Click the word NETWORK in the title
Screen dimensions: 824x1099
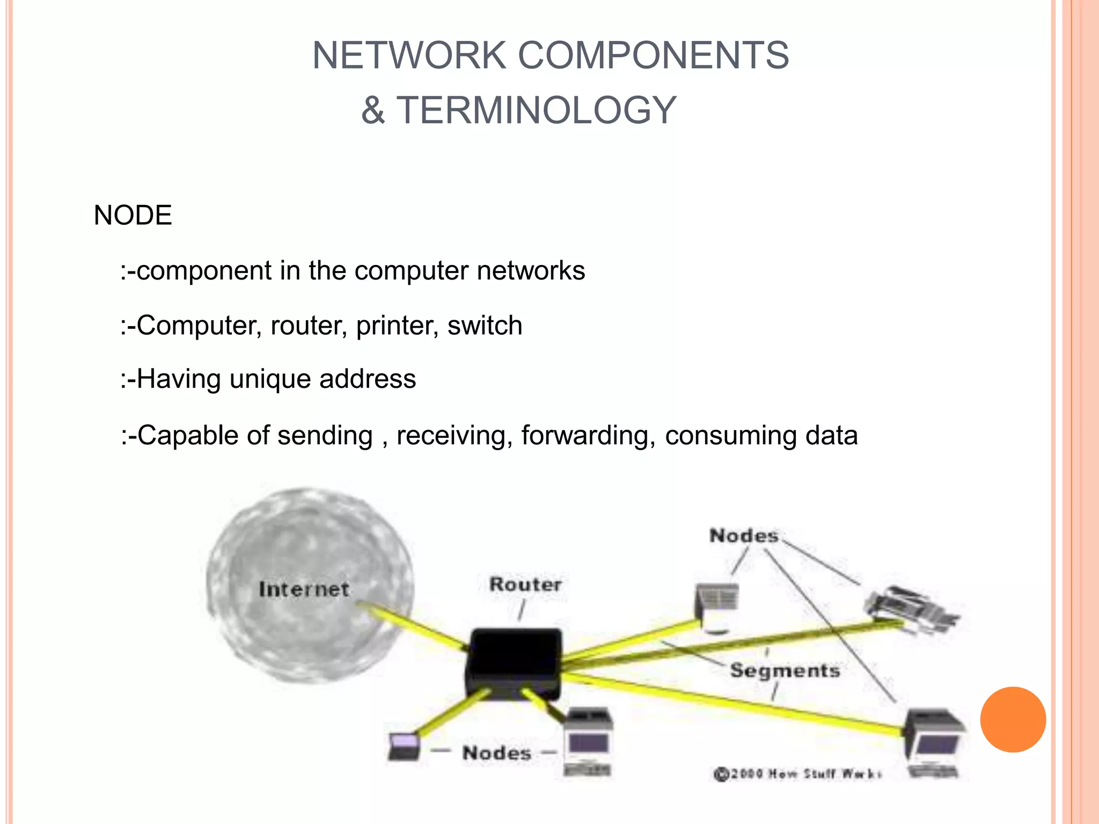(409, 55)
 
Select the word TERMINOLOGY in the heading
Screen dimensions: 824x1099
(536, 111)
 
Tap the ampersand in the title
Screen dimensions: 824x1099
(373, 111)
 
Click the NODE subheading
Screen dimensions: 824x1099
(133, 216)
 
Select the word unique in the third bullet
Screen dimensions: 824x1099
(270, 380)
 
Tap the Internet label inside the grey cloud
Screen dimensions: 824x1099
(304, 590)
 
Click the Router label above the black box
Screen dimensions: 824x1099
(525, 584)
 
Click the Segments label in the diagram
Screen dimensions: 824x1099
(785, 671)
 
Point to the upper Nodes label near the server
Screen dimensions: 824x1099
(744, 535)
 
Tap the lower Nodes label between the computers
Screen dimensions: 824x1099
(497, 753)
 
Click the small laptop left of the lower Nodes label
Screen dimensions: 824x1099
(404, 746)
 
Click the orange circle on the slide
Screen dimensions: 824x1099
(1013, 719)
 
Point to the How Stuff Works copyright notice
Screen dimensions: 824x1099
(797, 774)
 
